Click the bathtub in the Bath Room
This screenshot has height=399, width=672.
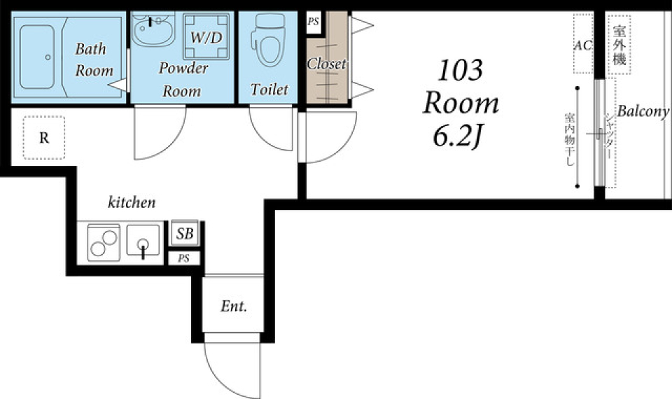(x=37, y=57)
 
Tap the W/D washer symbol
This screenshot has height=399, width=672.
(x=206, y=36)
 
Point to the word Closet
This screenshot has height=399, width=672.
(x=326, y=64)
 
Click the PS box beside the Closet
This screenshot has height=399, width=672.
(x=314, y=22)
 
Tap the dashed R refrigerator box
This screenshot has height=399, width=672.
(x=44, y=138)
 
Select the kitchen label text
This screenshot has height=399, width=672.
(x=132, y=202)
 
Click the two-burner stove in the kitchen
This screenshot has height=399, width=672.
(x=104, y=243)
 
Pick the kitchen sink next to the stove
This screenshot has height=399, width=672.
(x=143, y=242)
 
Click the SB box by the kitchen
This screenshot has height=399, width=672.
(x=185, y=233)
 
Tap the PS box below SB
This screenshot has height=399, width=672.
(x=184, y=258)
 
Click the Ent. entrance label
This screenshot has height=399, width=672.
(x=234, y=307)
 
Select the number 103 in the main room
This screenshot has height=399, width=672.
(x=461, y=70)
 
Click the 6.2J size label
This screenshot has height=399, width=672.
(x=457, y=136)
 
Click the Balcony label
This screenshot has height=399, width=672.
(x=643, y=111)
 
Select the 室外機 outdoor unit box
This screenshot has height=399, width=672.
(x=619, y=45)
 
